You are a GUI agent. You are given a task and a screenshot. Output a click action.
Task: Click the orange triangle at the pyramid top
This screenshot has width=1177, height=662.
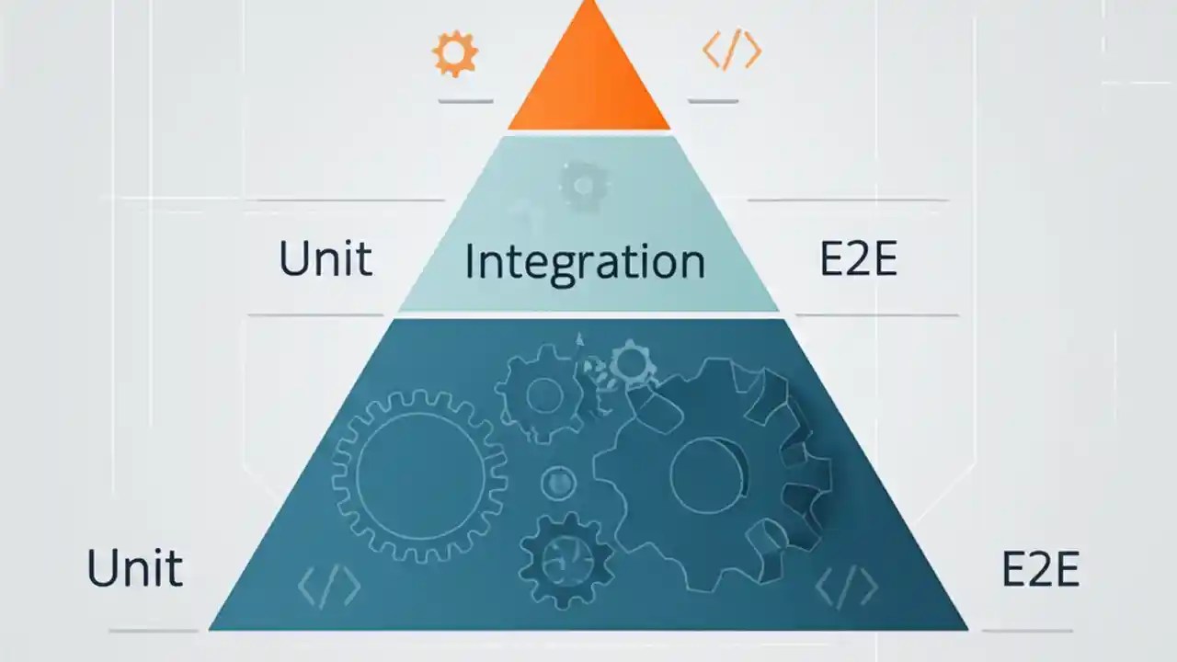pyautogui.click(x=588, y=78)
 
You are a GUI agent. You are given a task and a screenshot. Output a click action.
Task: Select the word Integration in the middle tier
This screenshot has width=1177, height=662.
pyautogui.click(x=585, y=261)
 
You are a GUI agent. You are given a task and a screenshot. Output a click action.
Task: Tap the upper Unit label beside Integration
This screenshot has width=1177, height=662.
pyautogui.click(x=326, y=259)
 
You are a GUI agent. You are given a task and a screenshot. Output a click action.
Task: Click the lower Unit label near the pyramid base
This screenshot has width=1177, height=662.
pyautogui.click(x=134, y=569)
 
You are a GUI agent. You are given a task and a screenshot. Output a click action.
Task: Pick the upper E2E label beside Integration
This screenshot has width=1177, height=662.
pyautogui.click(x=858, y=260)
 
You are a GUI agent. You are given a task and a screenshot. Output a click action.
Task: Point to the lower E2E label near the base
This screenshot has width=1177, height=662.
pyautogui.click(x=1039, y=569)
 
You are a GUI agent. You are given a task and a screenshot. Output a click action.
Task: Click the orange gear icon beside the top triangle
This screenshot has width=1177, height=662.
pyautogui.click(x=455, y=53)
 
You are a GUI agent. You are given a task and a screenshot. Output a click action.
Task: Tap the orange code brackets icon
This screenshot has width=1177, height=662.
pyautogui.click(x=732, y=51)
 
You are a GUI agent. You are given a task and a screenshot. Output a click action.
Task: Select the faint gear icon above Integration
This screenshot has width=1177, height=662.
pyautogui.click(x=583, y=186)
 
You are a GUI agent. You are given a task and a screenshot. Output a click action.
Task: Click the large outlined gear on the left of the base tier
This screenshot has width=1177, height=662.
pyautogui.click(x=419, y=475)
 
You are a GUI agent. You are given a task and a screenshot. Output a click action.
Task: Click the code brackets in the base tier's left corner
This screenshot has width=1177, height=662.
pyautogui.click(x=329, y=585)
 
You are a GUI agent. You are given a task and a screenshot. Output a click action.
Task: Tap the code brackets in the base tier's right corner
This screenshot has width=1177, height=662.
pyautogui.click(x=846, y=585)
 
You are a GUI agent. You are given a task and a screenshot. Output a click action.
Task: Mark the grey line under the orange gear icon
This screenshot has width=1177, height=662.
pyautogui.click(x=465, y=101)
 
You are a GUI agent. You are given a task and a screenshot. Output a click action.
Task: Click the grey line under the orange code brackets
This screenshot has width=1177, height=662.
pyautogui.click(x=714, y=101)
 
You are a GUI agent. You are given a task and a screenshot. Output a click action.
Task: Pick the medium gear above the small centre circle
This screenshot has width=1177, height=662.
pyautogui.click(x=543, y=394)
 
